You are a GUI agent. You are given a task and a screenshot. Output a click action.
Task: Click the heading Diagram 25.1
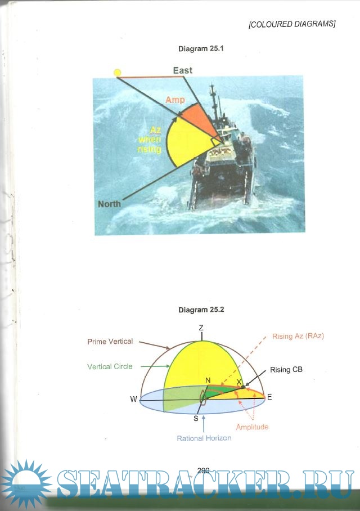point(201,49)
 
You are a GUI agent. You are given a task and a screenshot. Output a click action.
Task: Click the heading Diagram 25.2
point(201,310)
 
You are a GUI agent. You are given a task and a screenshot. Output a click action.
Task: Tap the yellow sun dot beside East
point(118,73)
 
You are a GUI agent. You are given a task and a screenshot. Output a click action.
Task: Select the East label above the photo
point(182,70)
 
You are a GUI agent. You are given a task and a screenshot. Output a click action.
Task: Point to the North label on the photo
point(110,204)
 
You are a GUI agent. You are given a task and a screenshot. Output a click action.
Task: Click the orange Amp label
point(175,100)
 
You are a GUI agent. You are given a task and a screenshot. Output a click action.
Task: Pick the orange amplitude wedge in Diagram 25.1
point(199,119)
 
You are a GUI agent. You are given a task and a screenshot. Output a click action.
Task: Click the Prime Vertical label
point(110,342)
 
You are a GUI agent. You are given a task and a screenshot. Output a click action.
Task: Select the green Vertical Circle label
point(110,366)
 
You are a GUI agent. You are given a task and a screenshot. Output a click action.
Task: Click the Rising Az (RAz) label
point(298,337)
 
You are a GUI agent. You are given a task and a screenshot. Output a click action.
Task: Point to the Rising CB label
point(286,370)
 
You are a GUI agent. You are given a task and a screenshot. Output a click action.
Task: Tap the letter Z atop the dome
point(201,328)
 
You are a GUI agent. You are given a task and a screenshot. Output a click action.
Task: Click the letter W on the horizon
point(133,399)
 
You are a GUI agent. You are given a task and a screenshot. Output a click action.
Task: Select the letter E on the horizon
point(269,397)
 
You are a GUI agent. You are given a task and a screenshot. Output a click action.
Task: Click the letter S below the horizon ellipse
point(196,419)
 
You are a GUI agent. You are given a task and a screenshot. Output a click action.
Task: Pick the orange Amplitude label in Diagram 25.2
point(252,427)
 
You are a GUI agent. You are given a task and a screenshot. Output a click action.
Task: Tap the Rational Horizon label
point(204,438)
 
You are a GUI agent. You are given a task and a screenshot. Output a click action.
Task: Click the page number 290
point(203,470)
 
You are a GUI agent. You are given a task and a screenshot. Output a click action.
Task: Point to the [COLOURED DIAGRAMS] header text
point(292,24)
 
